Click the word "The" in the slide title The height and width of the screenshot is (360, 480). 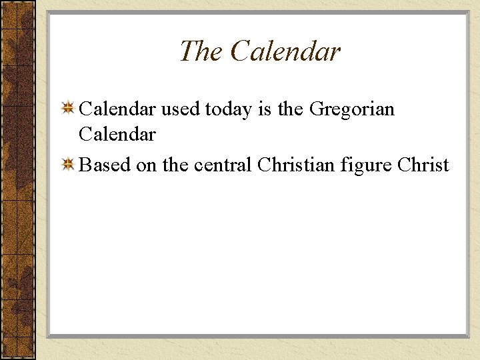click(201, 51)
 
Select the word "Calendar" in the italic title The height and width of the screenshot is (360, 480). click(285, 51)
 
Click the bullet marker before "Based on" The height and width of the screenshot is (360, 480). click(67, 165)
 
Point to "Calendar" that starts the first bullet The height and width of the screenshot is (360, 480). click(117, 109)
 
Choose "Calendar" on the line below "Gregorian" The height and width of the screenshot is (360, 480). click(117, 135)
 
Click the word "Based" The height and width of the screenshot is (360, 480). click(105, 165)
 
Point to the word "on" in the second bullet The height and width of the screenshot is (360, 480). click(146, 166)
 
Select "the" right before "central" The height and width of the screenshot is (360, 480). click(175, 165)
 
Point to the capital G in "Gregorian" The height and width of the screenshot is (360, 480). click(319, 109)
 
